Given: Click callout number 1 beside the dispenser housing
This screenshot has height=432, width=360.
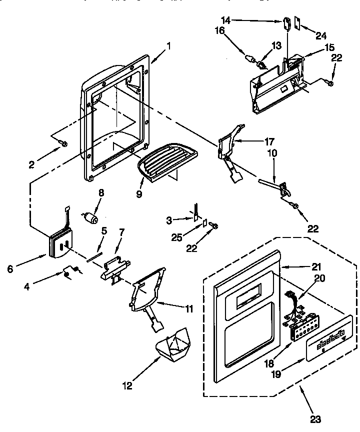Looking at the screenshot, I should pyautogui.click(x=168, y=47).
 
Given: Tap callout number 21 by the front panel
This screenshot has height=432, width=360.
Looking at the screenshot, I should pyautogui.click(x=316, y=267).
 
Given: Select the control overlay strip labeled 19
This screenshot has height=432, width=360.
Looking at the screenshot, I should pyautogui.click(x=328, y=344).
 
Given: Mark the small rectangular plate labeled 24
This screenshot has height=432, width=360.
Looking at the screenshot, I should pyautogui.click(x=296, y=22).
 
